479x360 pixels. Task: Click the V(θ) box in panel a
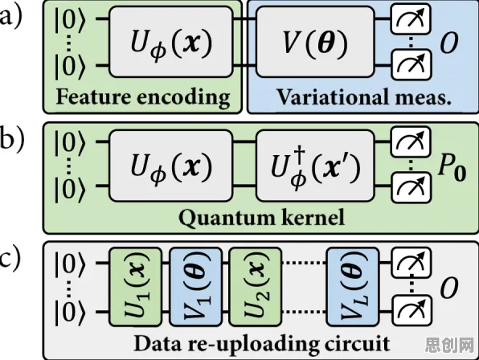click(x=315, y=42)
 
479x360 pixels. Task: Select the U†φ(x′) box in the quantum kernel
click(x=315, y=166)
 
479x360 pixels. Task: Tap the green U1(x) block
click(x=135, y=287)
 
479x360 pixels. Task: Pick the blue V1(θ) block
click(x=196, y=287)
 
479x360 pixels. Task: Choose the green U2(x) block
click(x=256, y=287)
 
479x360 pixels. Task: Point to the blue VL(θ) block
click(x=353, y=287)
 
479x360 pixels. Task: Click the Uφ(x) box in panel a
click(x=171, y=42)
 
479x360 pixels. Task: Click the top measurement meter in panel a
click(x=411, y=19)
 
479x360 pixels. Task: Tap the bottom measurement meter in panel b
click(x=411, y=187)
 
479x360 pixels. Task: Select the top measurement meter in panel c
click(x=411, y=263)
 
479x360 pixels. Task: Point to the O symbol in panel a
click(x=449, y=43)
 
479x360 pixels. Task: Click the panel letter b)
click(x=11, y=139)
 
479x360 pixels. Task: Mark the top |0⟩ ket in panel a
click(x=69, y=20)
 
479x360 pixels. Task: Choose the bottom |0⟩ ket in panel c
click(x=69, y=313)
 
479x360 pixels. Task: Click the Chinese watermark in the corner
click(x=451, y=345)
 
